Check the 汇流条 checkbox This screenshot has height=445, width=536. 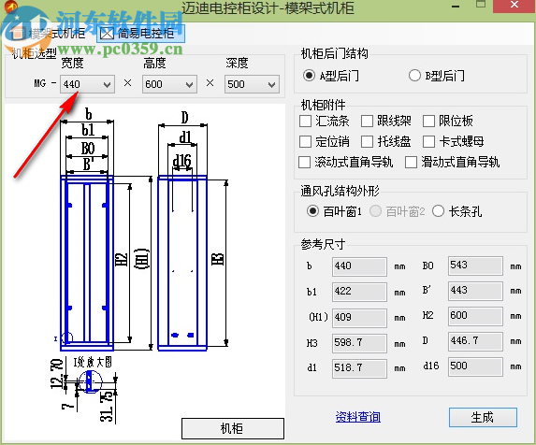click(x=306, y=121)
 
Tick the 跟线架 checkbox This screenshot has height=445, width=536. click(x=369, y=121)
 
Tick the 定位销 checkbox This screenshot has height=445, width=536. click(x=306, y=141)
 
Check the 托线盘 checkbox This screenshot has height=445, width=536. click(x=369, y=141)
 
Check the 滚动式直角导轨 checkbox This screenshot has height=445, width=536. click(x=306, y=162)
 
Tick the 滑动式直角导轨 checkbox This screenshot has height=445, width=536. click(x=412, y=162)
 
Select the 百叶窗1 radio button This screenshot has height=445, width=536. click(x=312, y=211)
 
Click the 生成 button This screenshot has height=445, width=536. click(x=482, y=417)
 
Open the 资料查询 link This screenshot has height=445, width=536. click(x=357, y=417)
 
